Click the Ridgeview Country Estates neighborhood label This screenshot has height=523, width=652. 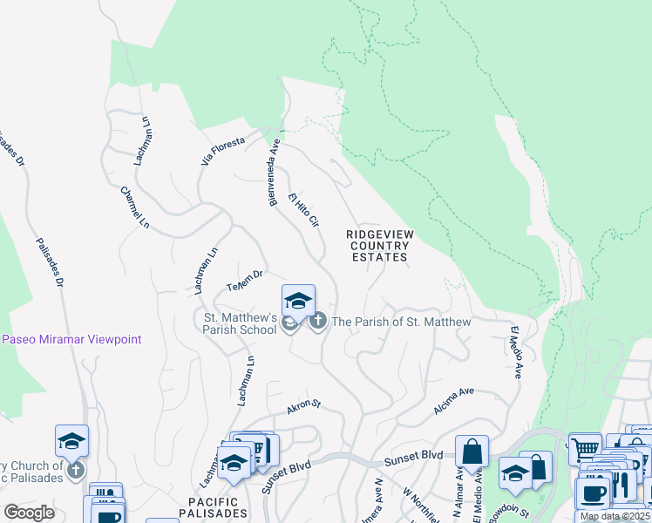click(379, 246)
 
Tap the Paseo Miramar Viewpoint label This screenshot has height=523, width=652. click(71, 339)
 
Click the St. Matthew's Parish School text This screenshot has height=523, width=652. click(240, 323)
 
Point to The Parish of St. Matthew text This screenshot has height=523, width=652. click(401, 322)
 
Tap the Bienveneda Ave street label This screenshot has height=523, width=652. click(274, 173)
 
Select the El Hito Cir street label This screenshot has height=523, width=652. click(304, 209)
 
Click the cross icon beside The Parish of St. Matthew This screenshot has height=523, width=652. click(317, 322)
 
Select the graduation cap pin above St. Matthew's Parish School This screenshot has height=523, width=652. click(298, 302)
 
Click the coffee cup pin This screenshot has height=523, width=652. click(594, 492)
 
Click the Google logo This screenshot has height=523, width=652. click(30, 513)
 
